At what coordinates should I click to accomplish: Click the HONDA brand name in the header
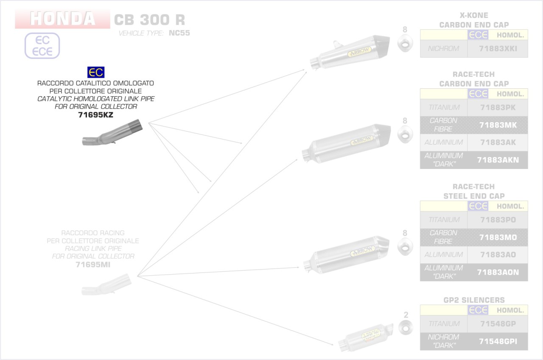pyautogui.click(x=62, y=19)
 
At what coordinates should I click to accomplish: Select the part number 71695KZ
pyautogui.click(x=95, y=115)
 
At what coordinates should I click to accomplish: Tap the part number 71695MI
pyautogui.click(x=93, y=264)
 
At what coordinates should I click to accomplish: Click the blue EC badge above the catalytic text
pyautogui.click(x=95, y=72)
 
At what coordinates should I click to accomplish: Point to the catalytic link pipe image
pyautogui.click(x=112, y=133)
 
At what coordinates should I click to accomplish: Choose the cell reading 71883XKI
pyautogui.click(x=498, y=49)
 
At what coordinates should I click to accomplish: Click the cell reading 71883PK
pyautogui.click(x=498, y=108)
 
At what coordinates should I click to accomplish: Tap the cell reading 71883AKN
pyautogui.click(x=498, y=160)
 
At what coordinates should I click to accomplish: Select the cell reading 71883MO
pyautogui.click(x=498, y=237)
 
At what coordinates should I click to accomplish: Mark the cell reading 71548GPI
pyautogui.click(x=498, y=341)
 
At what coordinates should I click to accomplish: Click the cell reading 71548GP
pyautogui.click(x=498, y=324)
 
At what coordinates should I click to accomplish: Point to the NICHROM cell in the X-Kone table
pyautogui.click(x=443, y=49)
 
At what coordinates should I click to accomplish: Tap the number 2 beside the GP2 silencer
pyautogui.click(x=406, y=315)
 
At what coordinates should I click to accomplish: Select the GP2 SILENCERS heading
pyautogui.click(x=474, y=300)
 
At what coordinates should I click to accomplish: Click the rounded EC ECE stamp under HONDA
pyautogui.click(x=42, y=46)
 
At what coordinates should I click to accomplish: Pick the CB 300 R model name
pyautogui.click(x=149, y=20)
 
